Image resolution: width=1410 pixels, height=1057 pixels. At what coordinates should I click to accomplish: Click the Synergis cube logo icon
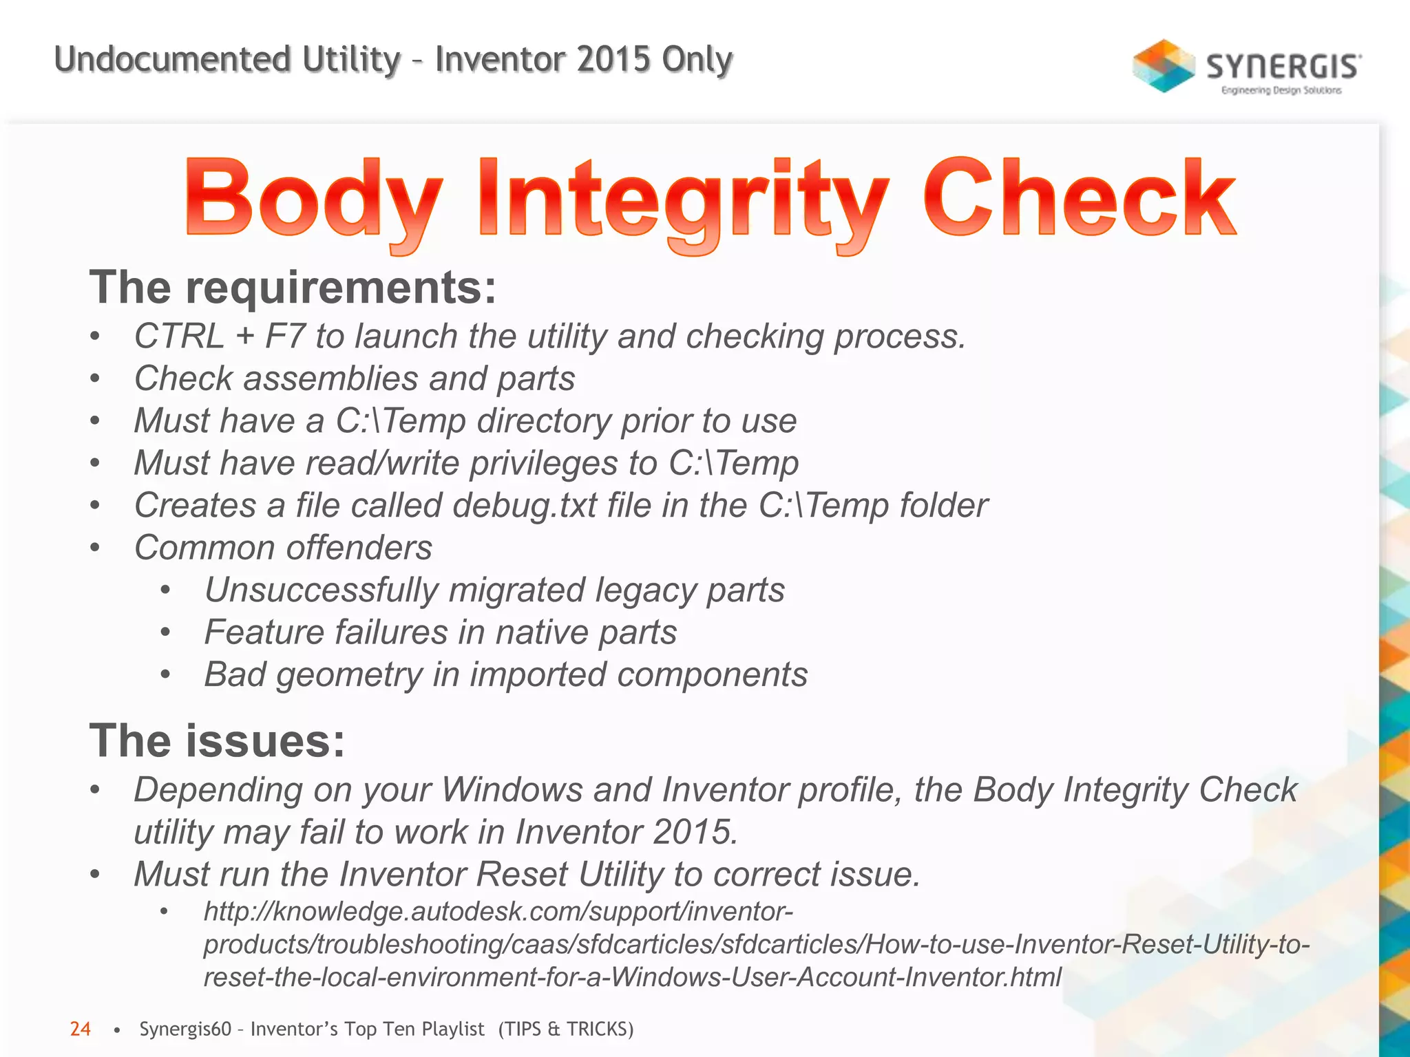click(1163, 66)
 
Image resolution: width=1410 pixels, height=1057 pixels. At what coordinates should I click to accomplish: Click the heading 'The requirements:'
click(293, 287)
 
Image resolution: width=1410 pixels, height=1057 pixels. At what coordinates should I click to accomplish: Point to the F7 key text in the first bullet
click(284, 337)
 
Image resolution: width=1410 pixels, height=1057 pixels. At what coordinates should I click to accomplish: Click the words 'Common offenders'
click(283, 548)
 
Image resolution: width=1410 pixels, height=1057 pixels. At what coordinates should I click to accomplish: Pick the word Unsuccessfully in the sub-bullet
click(321, 590)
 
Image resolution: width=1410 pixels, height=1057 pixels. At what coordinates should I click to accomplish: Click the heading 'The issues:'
click(217, 741)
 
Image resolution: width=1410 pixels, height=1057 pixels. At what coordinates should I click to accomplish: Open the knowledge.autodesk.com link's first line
click(498, 912)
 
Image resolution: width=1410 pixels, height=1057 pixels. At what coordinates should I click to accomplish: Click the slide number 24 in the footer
click(80, 1029)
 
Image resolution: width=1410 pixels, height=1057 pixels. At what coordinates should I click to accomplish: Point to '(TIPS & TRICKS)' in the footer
click(565, 1029)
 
